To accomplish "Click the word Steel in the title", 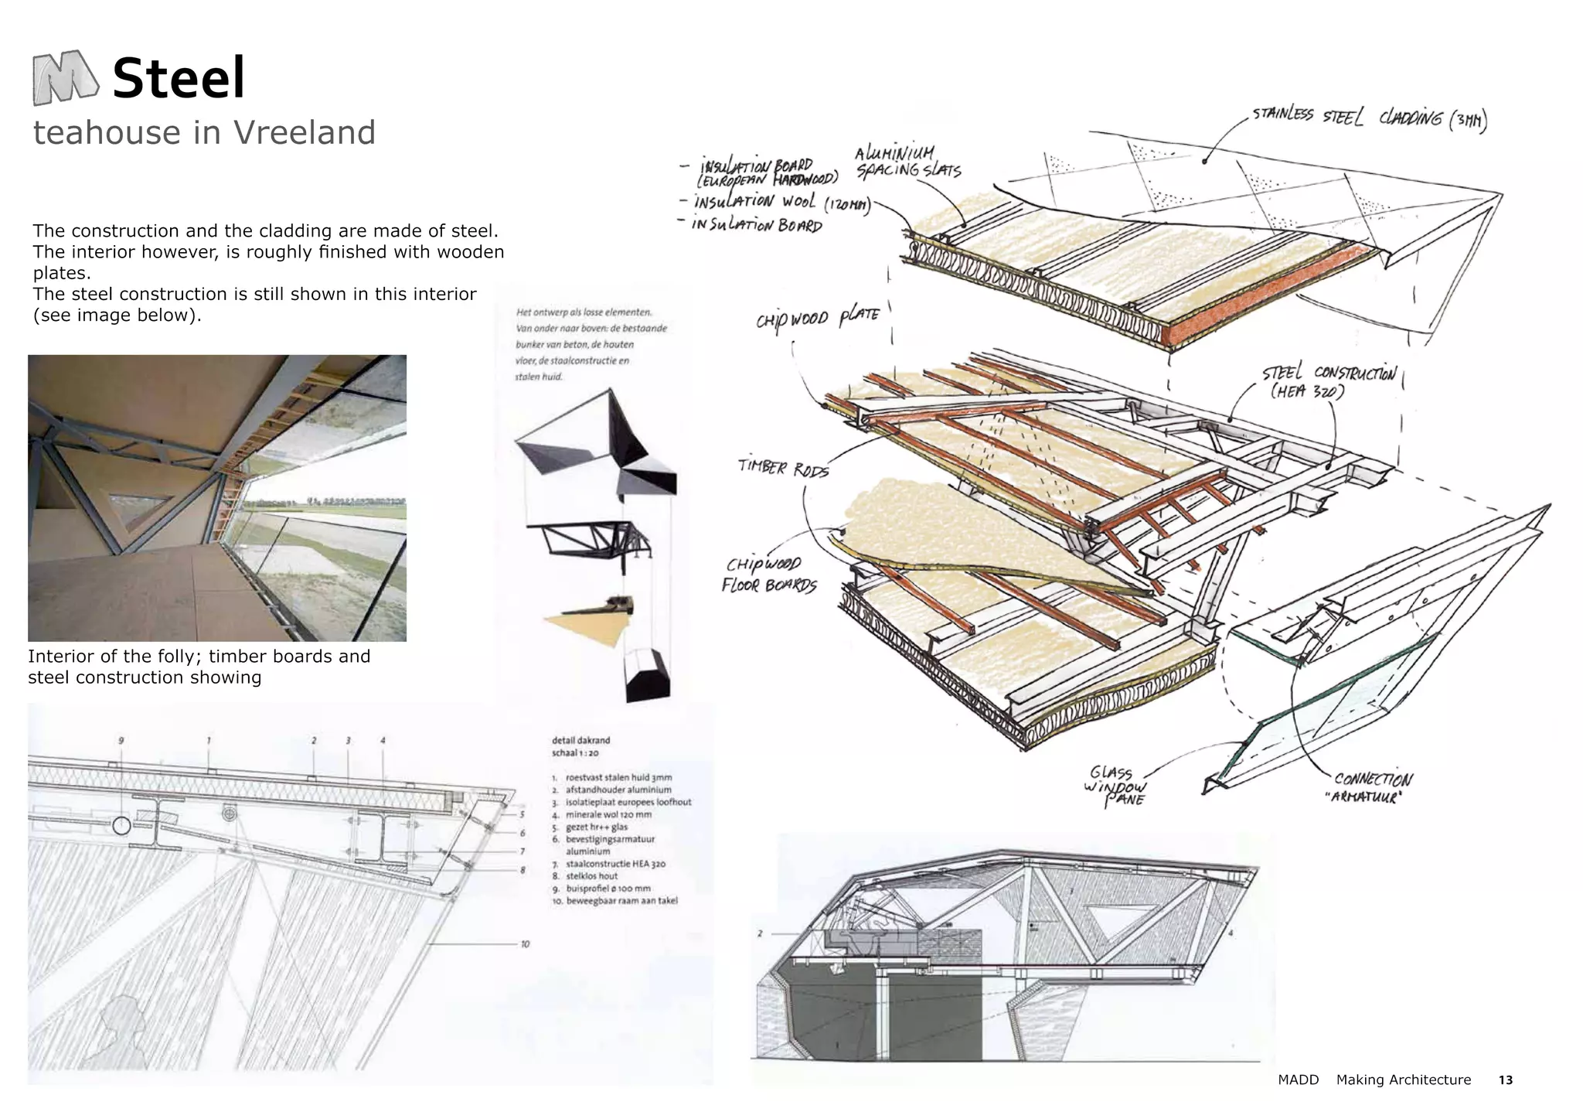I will (179, 79).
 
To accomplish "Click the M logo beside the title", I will (65, 77).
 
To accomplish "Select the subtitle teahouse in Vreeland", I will (204, 133).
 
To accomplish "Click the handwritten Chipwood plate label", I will (818, 317).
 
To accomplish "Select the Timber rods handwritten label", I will (782, 467).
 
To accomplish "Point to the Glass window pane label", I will (1115, 786).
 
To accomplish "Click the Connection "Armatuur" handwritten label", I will (1373, 787).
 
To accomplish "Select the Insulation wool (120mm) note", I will (781, 203).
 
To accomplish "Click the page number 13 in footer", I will (1505, 1080).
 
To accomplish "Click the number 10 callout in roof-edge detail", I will (525, 944).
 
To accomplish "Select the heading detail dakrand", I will (580, 740).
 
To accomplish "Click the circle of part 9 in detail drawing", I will (121, 826).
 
